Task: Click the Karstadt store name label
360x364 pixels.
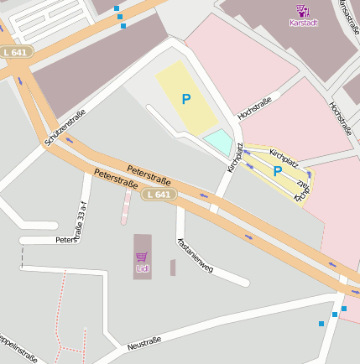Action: click(303, 22)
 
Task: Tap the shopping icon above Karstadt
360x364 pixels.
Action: click(302, 10)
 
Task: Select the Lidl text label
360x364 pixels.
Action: click(142, 268)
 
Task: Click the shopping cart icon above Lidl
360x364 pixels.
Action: click(142, 257)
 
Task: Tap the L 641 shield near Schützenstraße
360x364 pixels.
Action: click(16, 52)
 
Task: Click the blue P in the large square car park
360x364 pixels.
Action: click(185, 99)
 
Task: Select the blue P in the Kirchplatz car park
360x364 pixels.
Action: click(277, 171)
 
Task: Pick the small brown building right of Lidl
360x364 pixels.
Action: click(173, 268)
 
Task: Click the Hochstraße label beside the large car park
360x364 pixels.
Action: click(254, 107)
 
